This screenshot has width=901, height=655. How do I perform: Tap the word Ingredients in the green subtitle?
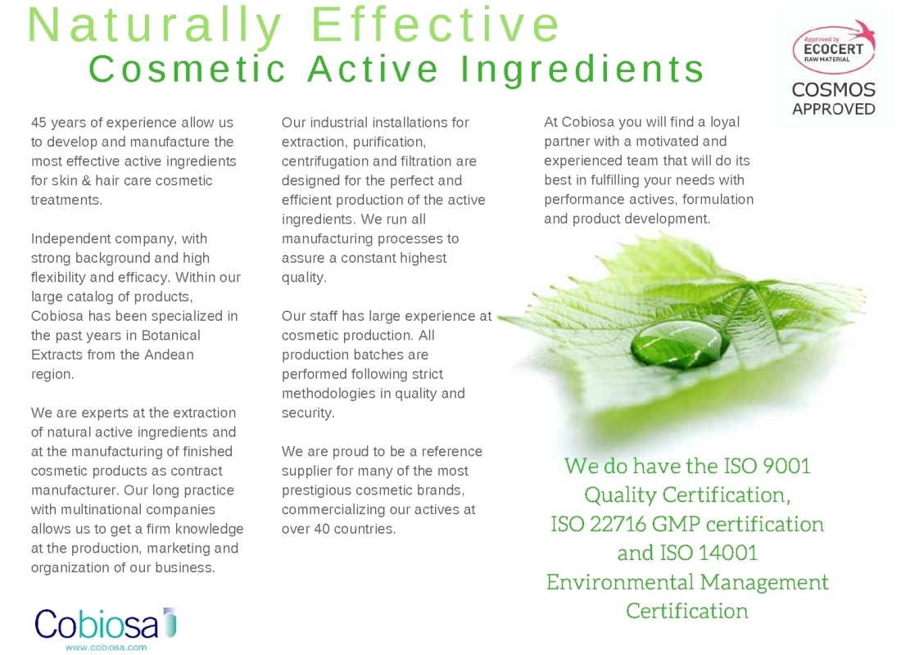tap(582, 70)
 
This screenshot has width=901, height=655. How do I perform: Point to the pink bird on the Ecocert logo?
tap(863, 31)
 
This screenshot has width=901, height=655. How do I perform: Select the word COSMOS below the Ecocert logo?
tap(833, 89)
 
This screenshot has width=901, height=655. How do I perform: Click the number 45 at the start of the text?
tap(38, 122)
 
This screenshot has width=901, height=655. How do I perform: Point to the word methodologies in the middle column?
tap(330, 394)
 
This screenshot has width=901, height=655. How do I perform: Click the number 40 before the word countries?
tap(321, 529)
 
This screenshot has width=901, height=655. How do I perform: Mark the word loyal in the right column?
tap(725, 122)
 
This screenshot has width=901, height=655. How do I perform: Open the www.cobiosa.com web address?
tap(106, 648)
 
